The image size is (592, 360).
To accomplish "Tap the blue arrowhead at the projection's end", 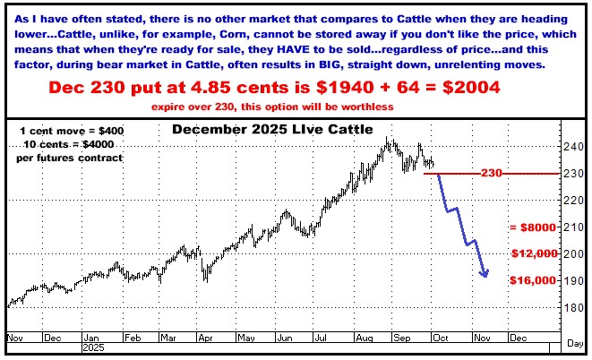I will pos(485,273).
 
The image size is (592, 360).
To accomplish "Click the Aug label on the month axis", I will pos(364,339).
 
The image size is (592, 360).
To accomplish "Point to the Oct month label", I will pos(440,339).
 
